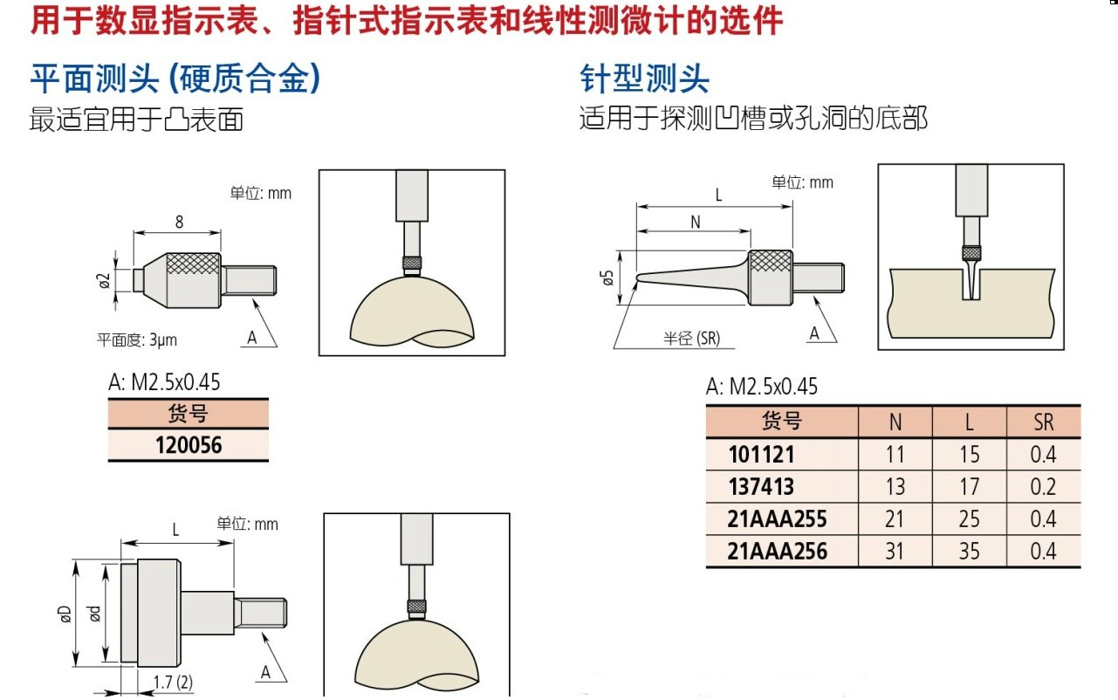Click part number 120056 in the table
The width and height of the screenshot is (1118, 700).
pyautogui.click(x=189, y=445)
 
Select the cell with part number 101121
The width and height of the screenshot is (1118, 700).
pyautogui.click(x=761, y=455)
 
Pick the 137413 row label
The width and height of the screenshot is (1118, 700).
pyautogui.click(x=761, y=487)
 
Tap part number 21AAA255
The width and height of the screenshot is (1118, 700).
pyautogui.click(x=777, y=519)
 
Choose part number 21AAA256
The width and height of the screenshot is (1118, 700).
pyautogui.click(x=777, y=552)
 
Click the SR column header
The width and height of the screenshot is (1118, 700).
pyautogui.click(x=1044, y=422)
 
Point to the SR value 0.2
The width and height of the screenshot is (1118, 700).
pyautogui.click(x=1043, y=487)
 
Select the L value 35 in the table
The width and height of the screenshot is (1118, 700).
pyautogui.click(x=970, y=552)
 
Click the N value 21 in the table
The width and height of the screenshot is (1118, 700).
pyautogui.click(x=895, y=519)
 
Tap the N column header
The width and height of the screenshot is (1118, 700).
pyautogui.click(x=895, y=422)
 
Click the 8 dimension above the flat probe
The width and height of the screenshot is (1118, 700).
pyautogui.click(x=179, y=222)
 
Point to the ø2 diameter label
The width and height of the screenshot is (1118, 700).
pyautogui.click(x=104, y=280)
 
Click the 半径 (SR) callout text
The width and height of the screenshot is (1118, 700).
pyautogui.click(x=692, y=339)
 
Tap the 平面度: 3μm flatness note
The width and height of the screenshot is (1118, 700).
pyautogui.click(x=137, y=340)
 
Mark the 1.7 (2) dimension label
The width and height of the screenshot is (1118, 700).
pyautogui.click(x=173, y=682)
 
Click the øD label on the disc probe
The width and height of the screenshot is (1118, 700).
pyautogui.click(x=65, y=614)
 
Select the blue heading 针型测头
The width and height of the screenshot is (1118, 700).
pyautogui.click(x=644, y=79)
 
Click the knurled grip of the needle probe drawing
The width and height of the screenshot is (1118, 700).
pyautogui.click(x=771, y=261)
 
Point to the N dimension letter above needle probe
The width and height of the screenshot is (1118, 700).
pyautogui.click(x=696, y=223)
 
